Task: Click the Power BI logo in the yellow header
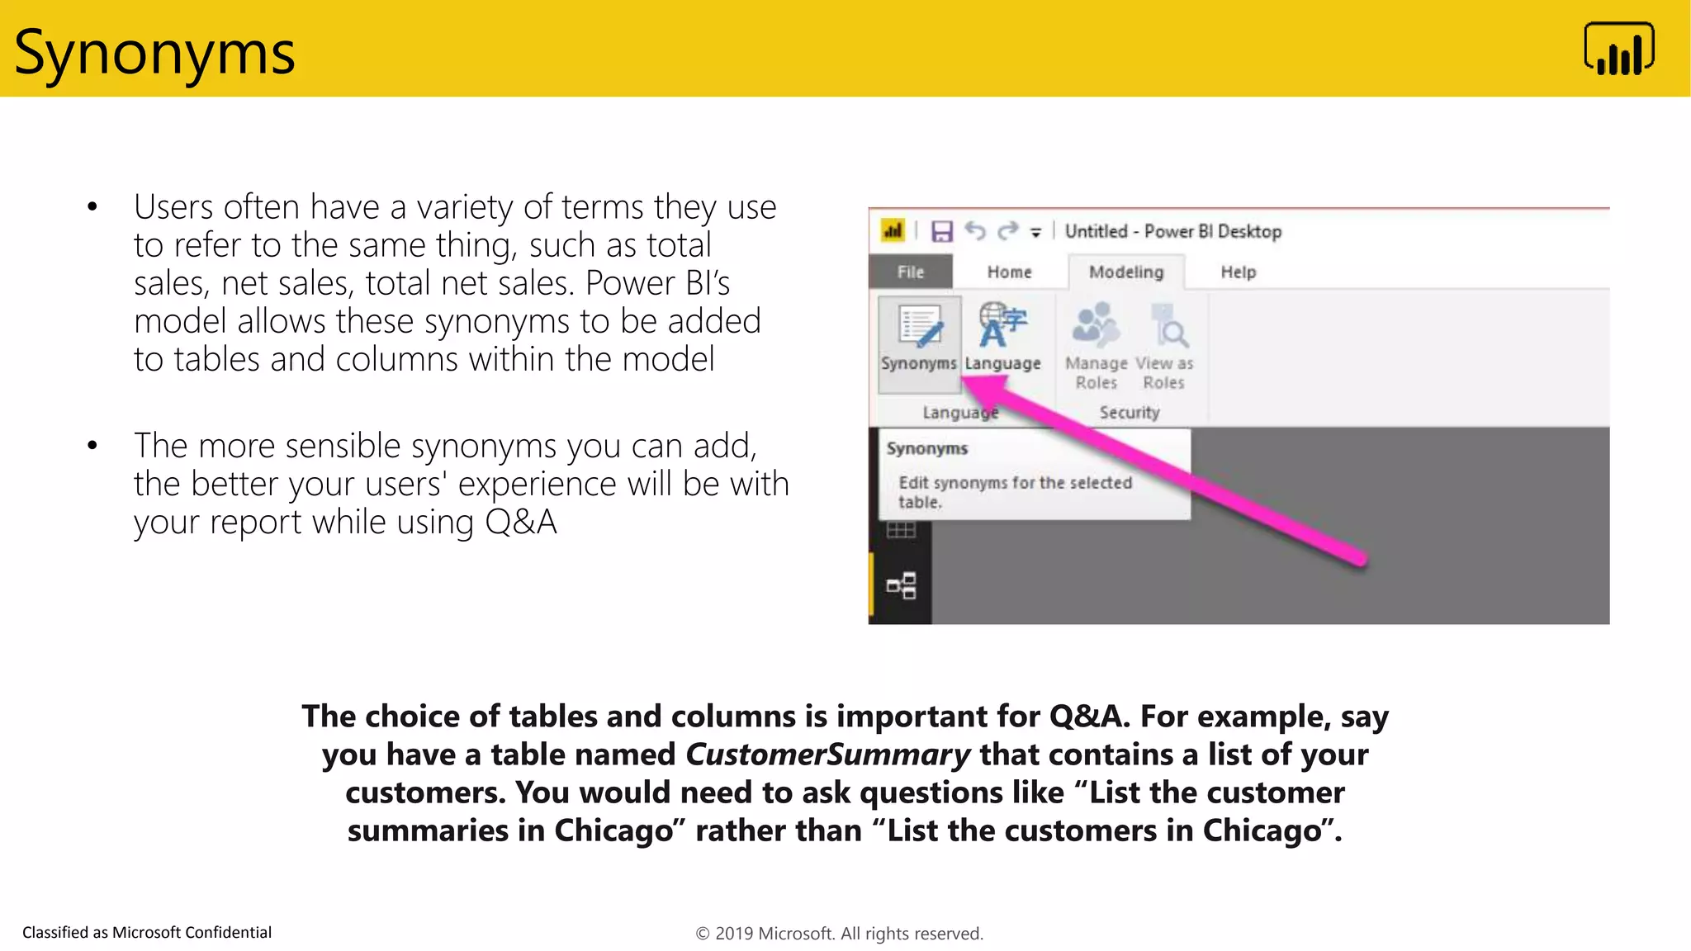click(x=1618, y=50)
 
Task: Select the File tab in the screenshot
click(x=911, y=272)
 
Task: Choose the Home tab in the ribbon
click(x=1009, y=272)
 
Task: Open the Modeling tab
click(x=1126, y=272)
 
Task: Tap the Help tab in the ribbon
click(x=1238, y=272)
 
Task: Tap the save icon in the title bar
click(x=942, y=231)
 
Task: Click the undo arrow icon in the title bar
click(x=976, y=231)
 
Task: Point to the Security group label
click(x=1129, y=412)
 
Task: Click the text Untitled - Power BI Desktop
click(x=1172, y=231)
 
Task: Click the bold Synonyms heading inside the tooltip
click(x=926, y=448)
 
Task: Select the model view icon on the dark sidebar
click(x=901, y=585)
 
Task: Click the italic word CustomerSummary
click(x=827, y=755)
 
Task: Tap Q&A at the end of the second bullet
click(x=520, y=522)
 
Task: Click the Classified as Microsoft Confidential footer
click(x=147, y=932)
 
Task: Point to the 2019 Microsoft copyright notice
click(x=839, y=934)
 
